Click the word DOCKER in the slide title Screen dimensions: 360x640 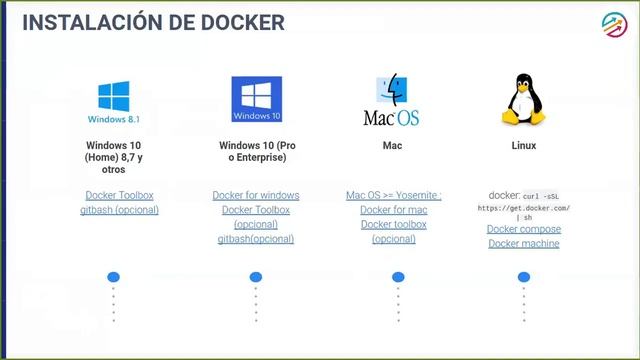point(237,21)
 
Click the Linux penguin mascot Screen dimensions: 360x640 point(523,101)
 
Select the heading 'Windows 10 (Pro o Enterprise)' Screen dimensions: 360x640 point(256,151)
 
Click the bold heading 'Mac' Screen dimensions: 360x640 point(392,145)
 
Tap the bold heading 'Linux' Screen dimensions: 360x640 point(523,145)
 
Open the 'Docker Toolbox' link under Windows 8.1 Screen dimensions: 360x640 point(119,195)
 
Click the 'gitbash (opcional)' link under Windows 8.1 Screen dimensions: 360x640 point(119,210)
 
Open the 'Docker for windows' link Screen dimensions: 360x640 point(256,195)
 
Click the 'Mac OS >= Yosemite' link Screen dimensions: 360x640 point(393,195)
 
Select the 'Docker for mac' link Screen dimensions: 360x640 point(393,210)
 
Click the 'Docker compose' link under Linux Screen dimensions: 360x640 point(524,229)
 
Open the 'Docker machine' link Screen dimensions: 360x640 point(524,243)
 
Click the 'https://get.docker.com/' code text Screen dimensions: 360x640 point(524,207)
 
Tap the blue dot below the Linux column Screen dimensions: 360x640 point(524,277)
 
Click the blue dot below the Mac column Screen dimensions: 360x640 point(398,277)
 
